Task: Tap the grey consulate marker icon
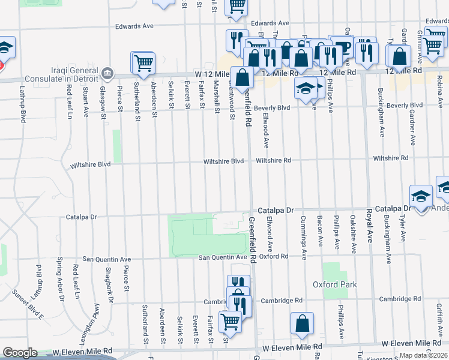tap(107, 73)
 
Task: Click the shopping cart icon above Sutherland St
tap(143, 62)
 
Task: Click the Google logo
tap(20, 353)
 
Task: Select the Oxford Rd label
tap(274, 256)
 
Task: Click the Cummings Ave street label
tap(303, 237)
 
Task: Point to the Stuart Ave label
tap(86, 101)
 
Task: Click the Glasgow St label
tap(103, 98)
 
